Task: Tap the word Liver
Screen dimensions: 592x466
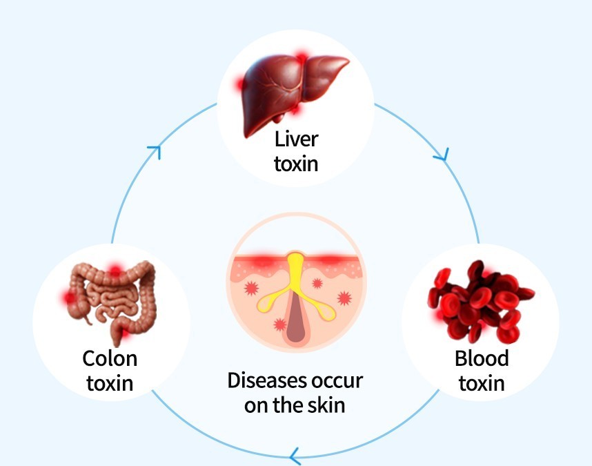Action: click(297, 139)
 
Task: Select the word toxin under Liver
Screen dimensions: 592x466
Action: click(296, 164)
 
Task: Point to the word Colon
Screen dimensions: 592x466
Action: click(110, 358)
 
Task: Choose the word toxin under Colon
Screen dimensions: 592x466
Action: click(110, 383)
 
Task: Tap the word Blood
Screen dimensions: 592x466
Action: click(482, 358)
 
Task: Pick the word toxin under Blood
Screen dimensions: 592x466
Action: click(482, 383)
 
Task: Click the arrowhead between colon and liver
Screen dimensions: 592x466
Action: click(155, 151)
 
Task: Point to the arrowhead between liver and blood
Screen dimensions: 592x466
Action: click(442, 155)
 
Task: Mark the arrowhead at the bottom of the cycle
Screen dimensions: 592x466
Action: click(295, 456)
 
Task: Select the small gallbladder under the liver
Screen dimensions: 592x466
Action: click(279, 118)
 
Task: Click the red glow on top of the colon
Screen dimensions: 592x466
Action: click(115, 271)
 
